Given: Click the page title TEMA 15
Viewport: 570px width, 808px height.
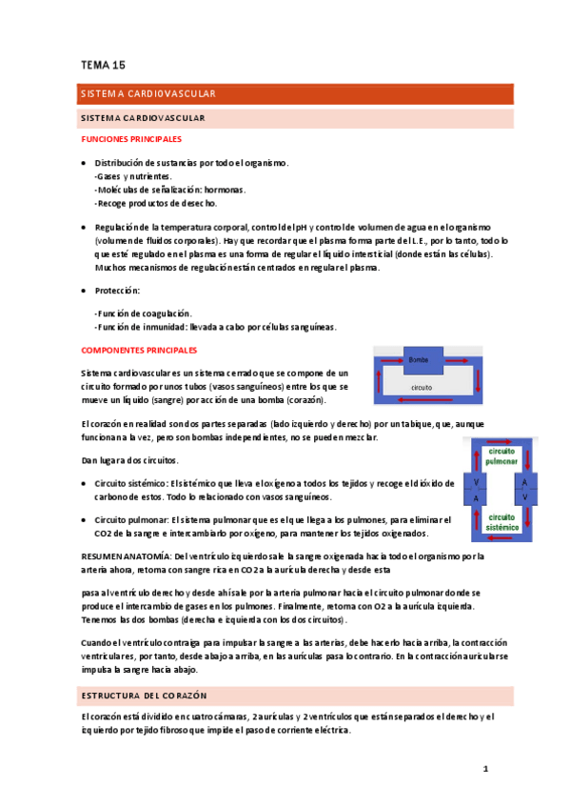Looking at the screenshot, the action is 103,65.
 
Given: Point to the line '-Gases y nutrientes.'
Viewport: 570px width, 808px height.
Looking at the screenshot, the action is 133,176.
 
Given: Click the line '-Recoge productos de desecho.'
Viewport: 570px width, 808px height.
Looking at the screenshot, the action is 156,203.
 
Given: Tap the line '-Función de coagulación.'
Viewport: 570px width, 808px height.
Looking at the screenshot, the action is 143,313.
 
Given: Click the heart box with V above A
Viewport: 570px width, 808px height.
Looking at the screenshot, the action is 477,490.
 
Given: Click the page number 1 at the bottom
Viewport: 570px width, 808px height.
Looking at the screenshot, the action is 484,767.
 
